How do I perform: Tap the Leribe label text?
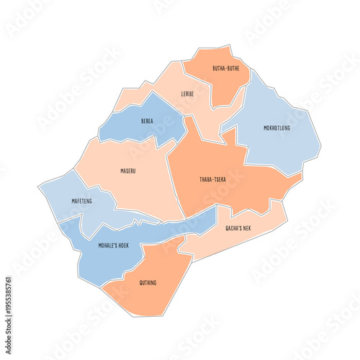point(187,94)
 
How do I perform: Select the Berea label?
point(147,122)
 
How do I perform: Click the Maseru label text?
point(128,171)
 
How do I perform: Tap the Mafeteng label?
point(82,201)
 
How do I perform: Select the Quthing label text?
point(147,282)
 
